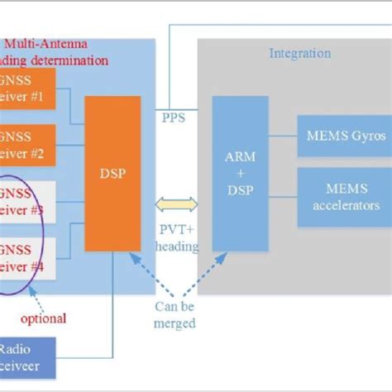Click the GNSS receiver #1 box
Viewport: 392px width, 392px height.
27,89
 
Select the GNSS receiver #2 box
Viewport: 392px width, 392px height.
27,146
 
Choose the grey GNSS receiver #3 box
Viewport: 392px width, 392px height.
27,202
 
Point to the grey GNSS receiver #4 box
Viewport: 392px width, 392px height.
27,259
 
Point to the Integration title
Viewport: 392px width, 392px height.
299,54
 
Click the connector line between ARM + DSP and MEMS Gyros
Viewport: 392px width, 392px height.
283,134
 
